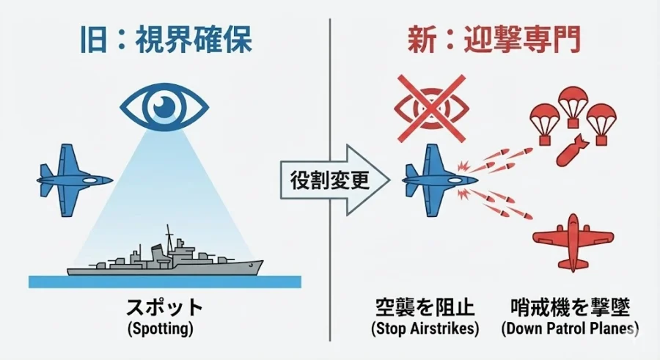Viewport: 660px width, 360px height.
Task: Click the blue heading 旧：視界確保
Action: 164,40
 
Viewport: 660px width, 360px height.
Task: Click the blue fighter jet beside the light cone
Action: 72,178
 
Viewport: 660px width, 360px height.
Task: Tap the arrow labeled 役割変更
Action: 330,179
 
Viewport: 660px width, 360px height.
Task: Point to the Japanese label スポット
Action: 164,307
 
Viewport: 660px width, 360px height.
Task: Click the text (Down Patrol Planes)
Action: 569,328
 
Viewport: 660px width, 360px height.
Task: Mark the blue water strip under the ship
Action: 164,282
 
